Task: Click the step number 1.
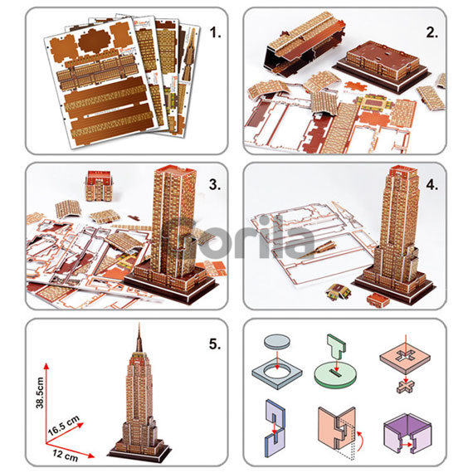pyautogui.click(x=215, y=32)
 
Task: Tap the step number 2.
pyautogui.click(x=432, y=32)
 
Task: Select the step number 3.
pyautogui.click(x=215, y=184)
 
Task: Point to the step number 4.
pyautogui.click(x=432, y=184)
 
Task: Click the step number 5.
pyautogui.click(x=215, y=344)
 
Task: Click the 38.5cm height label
pyautogui.click(x=40, y=393)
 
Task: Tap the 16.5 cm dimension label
pyautogui.click(x=64, y=426)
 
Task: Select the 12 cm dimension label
pyautogui.click(x=66, y=456)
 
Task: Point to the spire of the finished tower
pyautogui.click(x=139, y=337)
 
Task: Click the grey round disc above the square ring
pyautogui.click(x=277, y=342)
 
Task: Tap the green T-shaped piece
pyautogui.click(x=336, y=346)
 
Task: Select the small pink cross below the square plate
pyautogui.click(x=406, y=387)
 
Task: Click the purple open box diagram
pyautogui.click(x=407, y=433)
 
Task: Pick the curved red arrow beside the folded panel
pyautogui.click(x=361, y=441)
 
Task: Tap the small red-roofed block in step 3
pyautogui.click(x=99, y=186)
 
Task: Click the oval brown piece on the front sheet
pyautogui.click(x=95, y=41)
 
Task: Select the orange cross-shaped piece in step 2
pyautogui.click(x=357, y=86)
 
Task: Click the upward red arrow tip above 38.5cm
pyautogui.click(x=46, y=363)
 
